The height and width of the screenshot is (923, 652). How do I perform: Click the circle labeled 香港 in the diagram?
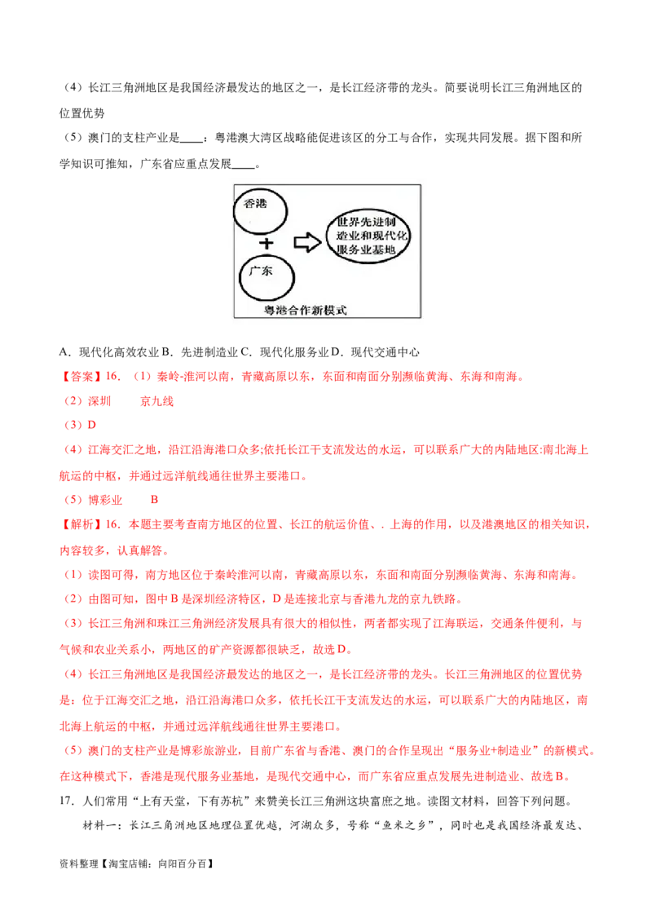[x=235, y=210]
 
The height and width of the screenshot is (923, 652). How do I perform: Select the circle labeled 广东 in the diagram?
[x=240, y=278]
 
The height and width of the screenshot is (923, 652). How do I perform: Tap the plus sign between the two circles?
[x=267, y=243]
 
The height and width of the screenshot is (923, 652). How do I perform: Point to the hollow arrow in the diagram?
[x=307, y=242]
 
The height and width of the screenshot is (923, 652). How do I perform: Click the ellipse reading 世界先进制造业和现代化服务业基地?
[x=327, y=236]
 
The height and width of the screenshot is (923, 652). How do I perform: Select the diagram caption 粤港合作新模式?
[x=306, y=310]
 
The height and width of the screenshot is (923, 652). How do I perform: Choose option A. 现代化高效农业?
[x=109, y=352]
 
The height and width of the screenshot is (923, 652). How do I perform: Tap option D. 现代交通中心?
[x=376, y=352]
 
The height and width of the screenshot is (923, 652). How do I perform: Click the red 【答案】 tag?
[x=81, y=377]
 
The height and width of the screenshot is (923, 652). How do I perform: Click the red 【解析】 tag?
[x=81, y=524]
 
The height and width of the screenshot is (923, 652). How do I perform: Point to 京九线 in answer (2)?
[x=156, y=401]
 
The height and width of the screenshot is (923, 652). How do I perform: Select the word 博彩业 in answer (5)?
[x=105, y=500]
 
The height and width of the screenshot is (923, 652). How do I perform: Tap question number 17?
[x=67, y=801]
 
